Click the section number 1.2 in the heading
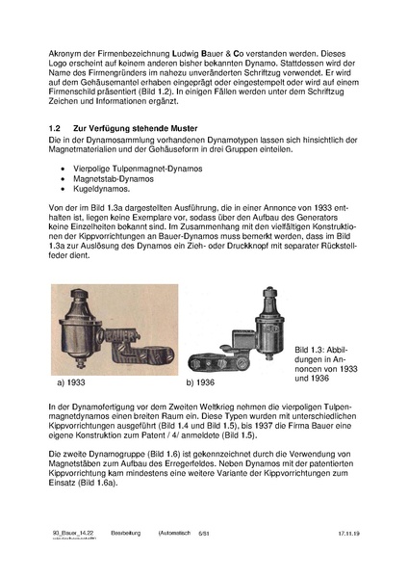(x=55, y=128)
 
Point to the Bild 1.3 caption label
(x=313, y=350)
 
